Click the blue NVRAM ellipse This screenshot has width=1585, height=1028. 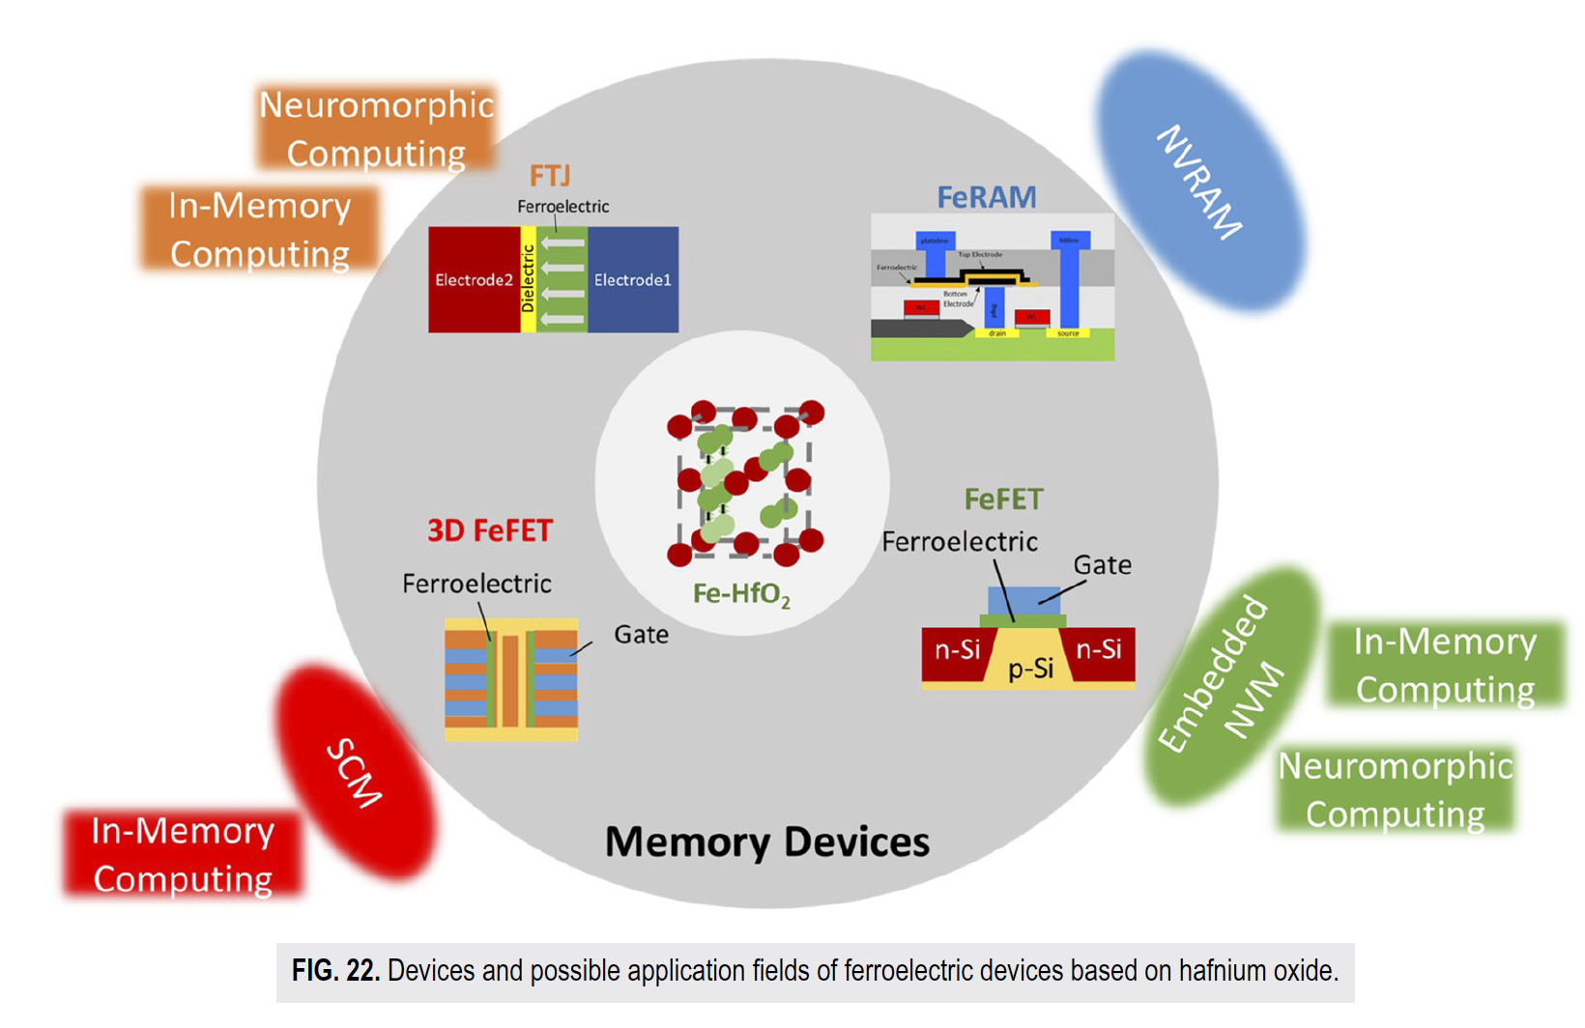1200,181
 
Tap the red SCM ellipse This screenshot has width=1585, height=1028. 355,772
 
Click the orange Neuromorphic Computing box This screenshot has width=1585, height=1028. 376,128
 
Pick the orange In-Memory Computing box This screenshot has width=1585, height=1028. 259,229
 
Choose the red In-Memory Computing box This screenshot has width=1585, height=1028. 183,854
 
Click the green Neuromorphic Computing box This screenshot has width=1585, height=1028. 1395,789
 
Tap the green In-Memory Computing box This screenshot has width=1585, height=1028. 1445,665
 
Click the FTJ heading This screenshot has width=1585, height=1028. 550,176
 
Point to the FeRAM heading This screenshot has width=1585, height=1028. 987,197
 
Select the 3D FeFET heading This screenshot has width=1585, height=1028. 490,530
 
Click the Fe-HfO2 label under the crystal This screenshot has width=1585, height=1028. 741,593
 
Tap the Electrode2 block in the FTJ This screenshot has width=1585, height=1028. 474,280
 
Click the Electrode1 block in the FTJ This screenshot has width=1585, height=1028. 632,280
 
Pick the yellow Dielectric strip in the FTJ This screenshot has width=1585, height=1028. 528,280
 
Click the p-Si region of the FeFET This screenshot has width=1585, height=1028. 1030,668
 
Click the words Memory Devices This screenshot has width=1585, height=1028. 766,842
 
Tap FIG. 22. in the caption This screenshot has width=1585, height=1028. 335,970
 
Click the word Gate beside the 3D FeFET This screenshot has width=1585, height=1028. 641,635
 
